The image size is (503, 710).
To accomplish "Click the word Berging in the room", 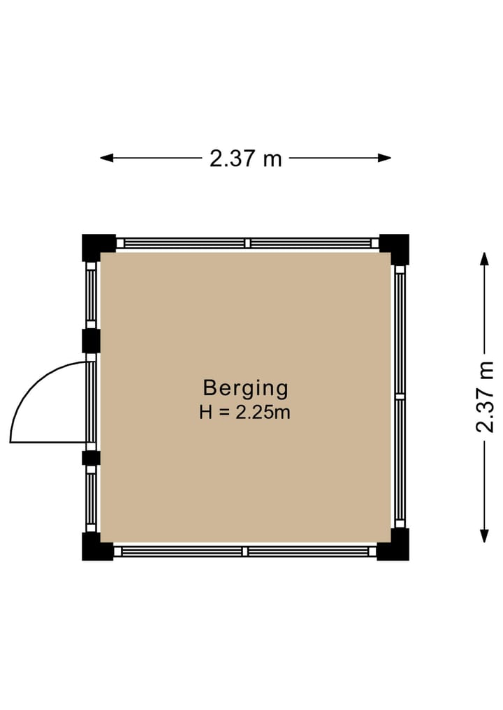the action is tap(245, 389).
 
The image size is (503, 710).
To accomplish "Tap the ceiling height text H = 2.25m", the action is tap(245, 413).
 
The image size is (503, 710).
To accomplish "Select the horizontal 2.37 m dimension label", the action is tap(246, 158).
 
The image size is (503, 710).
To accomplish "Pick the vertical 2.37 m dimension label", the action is tap(484, 397).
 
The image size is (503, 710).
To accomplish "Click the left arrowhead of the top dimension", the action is tap(106, 158).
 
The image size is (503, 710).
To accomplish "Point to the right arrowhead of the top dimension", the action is tap(385, 158).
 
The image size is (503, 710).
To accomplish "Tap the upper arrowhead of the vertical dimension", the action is tap(484, 259).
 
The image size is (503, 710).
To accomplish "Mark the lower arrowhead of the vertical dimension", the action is tap(484, 535).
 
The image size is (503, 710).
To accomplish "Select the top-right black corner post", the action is tap(395, 248).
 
